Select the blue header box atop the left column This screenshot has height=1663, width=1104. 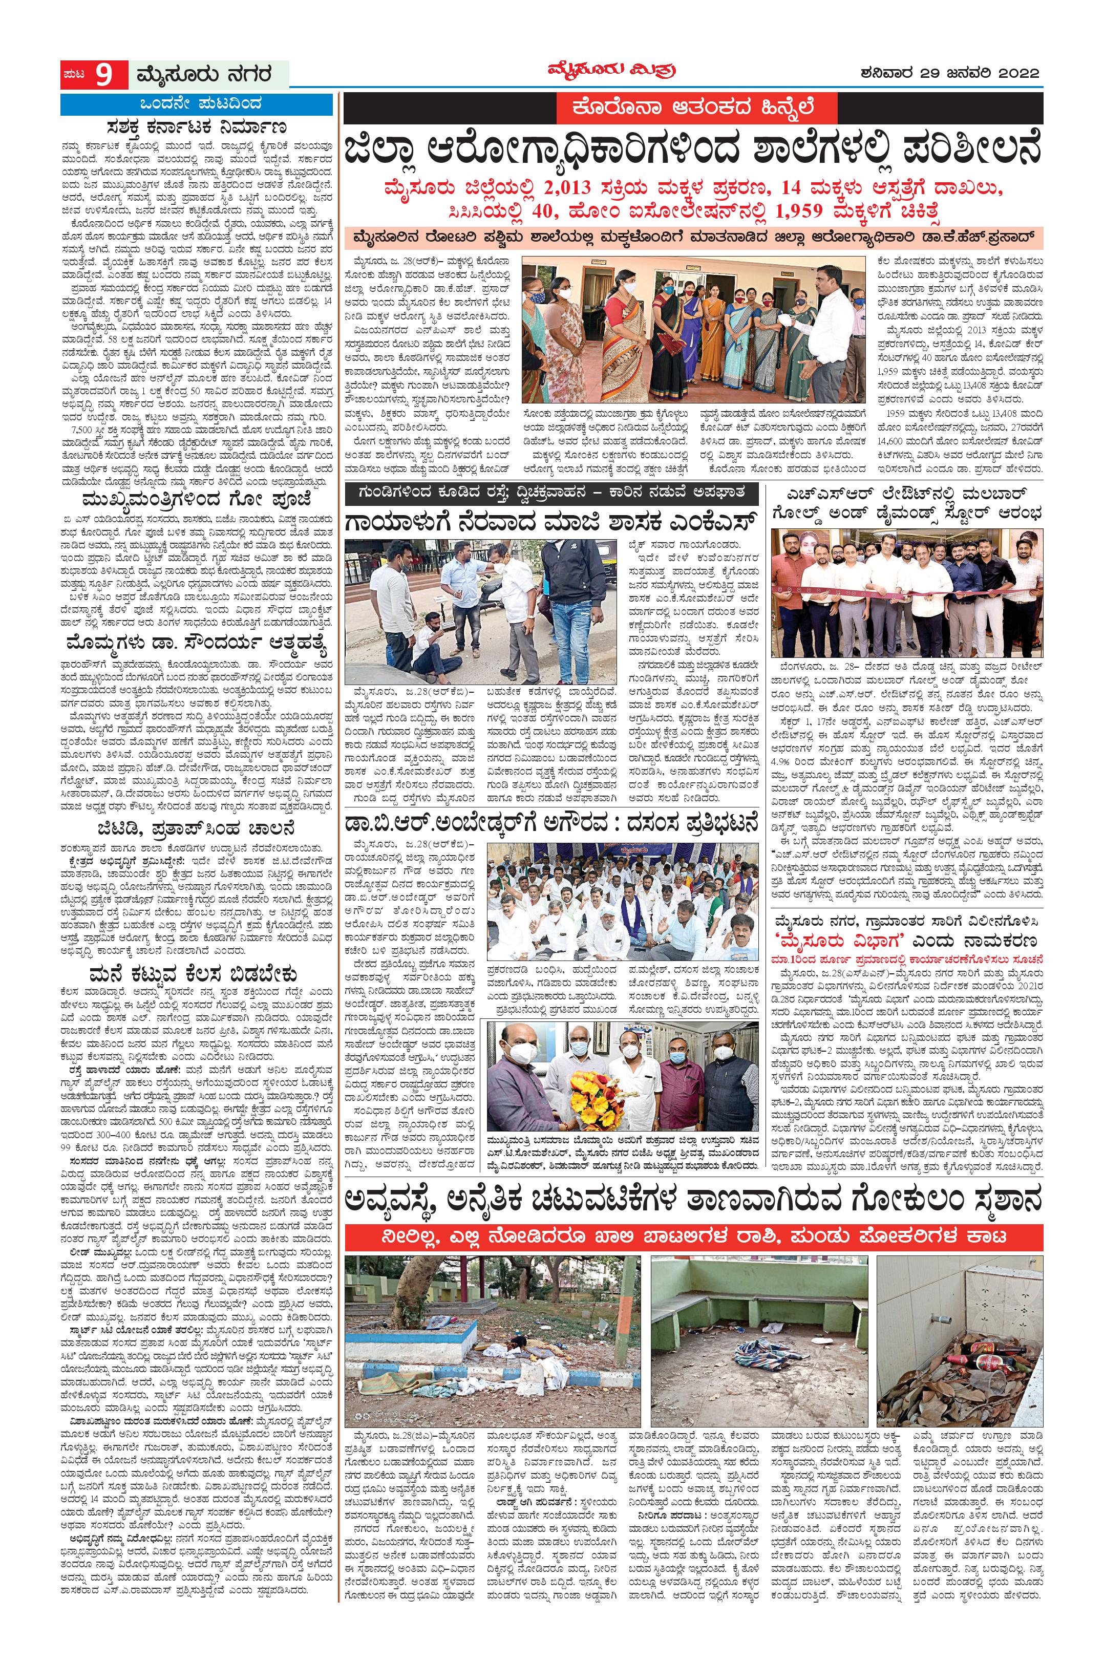[197, 105]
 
